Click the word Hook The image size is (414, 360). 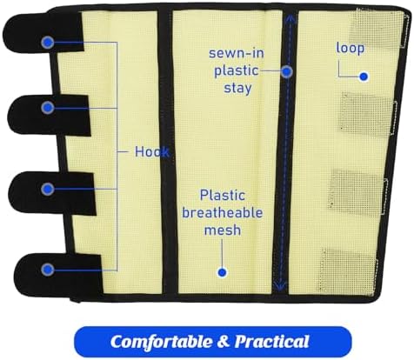click(152, 151)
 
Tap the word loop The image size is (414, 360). click(351, 48)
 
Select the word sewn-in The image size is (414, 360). click(237, 53)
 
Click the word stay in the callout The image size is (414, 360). click(237, 88)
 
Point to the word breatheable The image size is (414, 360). click(223, 213)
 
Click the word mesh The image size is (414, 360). click(223, 230)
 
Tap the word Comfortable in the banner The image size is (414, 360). click(162, 342)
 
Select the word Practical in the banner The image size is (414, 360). click(272, 342)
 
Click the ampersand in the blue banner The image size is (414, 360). click(223, 342)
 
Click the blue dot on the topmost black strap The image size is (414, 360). click(48, 43)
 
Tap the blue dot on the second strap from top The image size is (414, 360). click(48, 108)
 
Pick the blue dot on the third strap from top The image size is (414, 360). click(48, 190)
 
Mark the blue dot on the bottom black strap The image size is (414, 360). click(48, 270)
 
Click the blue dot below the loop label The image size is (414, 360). click(364, 77)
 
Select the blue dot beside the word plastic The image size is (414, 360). click(287, 71)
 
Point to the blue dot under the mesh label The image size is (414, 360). click(223, 272)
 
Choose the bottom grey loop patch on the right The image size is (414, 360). click(349, 271)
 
